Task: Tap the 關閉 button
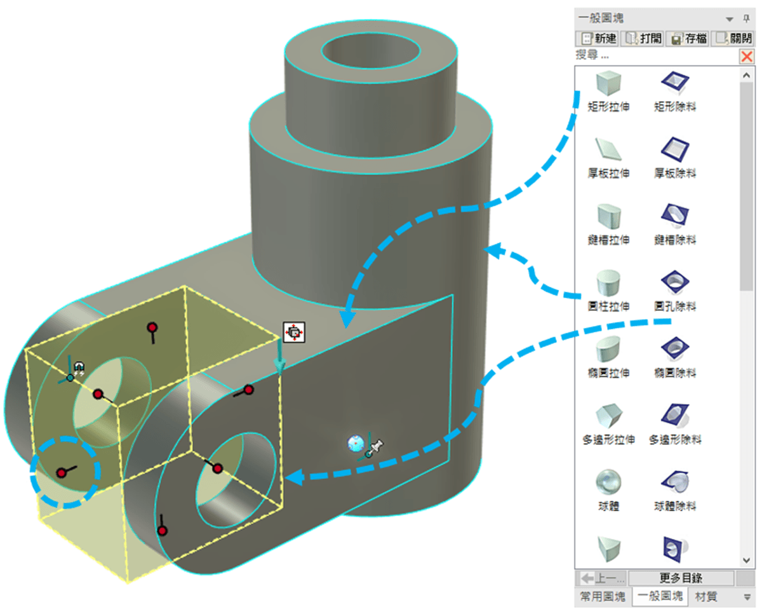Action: (x=733, y=38)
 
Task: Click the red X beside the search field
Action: (x=747, y=57)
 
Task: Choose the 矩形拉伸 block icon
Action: (x=608, y=82)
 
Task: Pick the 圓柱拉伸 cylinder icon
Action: (x=608, y=281)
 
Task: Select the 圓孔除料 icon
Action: (x=675, y=281)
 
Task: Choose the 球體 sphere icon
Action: (x=608, y=481)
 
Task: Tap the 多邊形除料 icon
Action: (x=675, y=414)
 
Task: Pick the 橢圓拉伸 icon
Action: (x=608, y=348)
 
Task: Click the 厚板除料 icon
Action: (x=675, y=149)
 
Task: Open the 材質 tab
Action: (x=706, y=597)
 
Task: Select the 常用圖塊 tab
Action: (x=603, y=597)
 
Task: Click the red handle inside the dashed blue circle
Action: (x=62, y=472)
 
